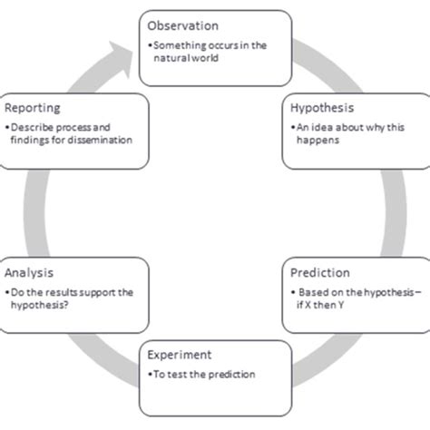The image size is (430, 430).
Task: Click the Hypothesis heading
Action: click(x=322, y=108)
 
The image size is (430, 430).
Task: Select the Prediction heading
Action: click(x=320, y=272)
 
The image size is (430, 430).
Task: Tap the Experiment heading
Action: click(x=180, y=355)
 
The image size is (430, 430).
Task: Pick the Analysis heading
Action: click(x=28, y=272)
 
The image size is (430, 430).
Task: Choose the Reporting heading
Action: click(x=33, y=107)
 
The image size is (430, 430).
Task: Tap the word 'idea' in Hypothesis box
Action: click(x=315, y=126)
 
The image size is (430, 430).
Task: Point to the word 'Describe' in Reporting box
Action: click(x=30, y=126)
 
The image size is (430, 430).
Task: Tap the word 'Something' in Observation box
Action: click(x=176, y=44)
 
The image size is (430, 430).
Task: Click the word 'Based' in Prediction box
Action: click(x=313, y=293)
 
